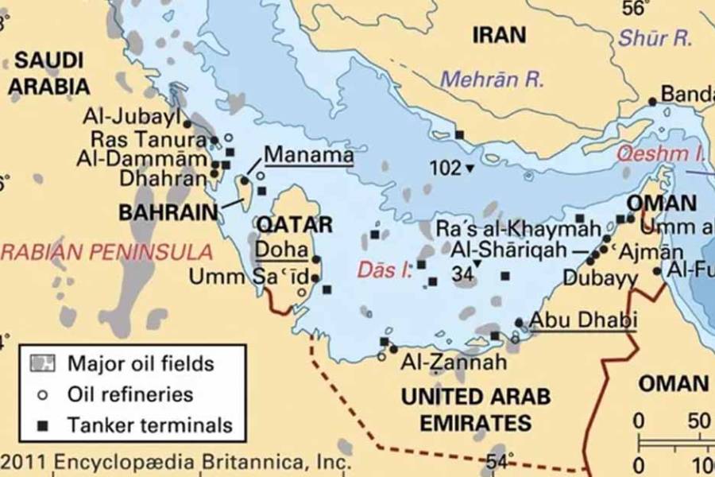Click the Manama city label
click(x=308, y=153)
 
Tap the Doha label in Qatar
click(x=280, y=249)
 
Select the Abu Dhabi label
click(x=583, y=320)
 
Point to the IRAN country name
click(x=499, y=35)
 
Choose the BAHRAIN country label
click(x=168, y=212)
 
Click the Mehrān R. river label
click(x=492, y=79)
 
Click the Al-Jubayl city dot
click(x=187, y=123)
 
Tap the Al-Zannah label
click(x=454, y=363)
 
